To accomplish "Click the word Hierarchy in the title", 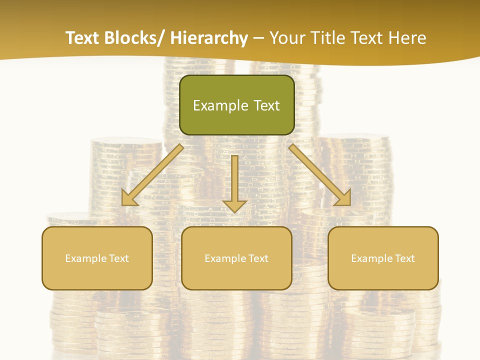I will [x=209, y=38].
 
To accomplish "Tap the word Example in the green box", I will [x=220, y=105].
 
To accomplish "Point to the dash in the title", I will [x=258, y=38].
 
